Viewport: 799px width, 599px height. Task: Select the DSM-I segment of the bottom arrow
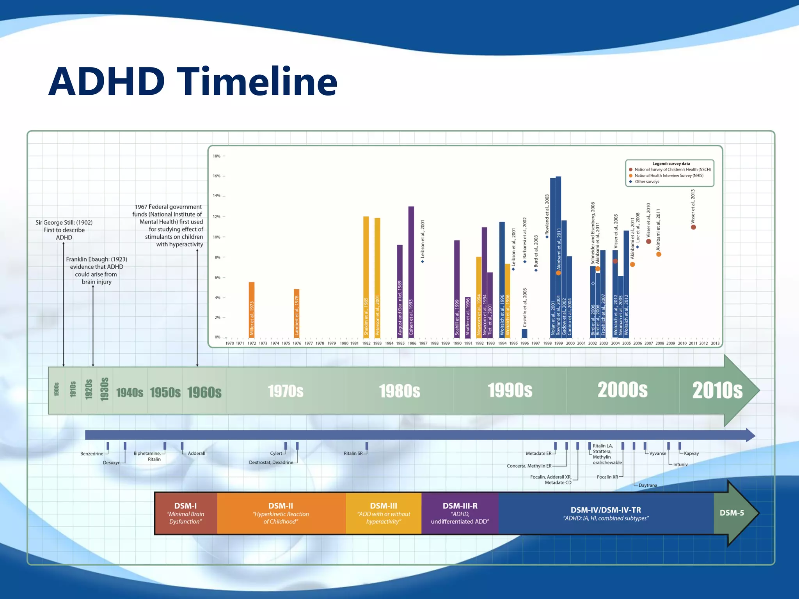click(186, 513)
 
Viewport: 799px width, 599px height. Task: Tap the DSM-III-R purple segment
click(460, 513)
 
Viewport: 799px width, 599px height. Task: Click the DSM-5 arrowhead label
click(732, 513)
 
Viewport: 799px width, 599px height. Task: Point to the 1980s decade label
click(399, 391)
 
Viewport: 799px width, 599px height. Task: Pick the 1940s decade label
click(130, 392)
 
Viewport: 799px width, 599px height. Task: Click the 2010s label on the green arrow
click(717, 390)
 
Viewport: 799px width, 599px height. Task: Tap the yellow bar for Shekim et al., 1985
click(366, 276)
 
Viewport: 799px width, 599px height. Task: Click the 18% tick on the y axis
click(217, 156)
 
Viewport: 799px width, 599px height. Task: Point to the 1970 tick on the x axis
click(229, 343)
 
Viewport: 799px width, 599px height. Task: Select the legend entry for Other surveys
click(646, 182)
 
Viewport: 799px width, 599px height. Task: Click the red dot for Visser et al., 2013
click(693, 227)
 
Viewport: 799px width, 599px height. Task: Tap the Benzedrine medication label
click(92, 454)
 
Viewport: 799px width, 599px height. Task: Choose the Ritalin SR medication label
click(353, 454)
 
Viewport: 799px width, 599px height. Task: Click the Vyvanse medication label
click(657, 454)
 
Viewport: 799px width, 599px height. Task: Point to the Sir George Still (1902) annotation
click(64, 230)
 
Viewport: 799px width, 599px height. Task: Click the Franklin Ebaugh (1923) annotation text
click(96, 270)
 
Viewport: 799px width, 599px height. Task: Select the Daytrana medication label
click(648, 486)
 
